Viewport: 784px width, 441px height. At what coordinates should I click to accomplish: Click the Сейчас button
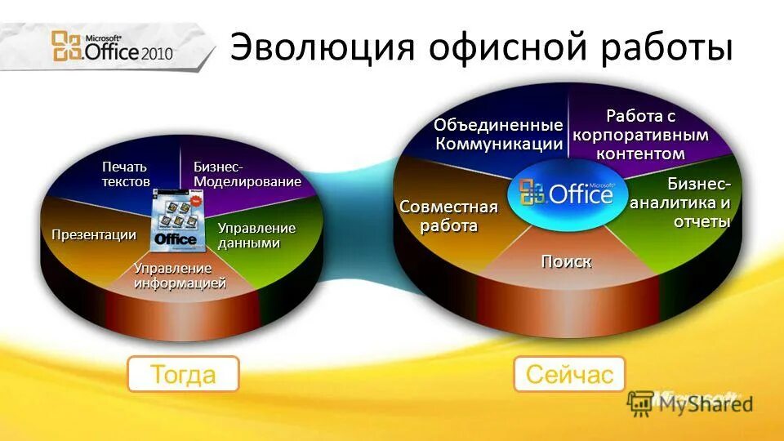pos(568,375)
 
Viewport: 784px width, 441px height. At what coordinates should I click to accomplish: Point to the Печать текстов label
pos(126,174)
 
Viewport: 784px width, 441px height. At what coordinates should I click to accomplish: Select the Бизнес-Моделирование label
pos(247,174)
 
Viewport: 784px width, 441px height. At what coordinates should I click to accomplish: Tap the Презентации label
pos(93,235)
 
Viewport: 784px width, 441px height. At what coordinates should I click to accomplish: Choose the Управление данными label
pos(256,235)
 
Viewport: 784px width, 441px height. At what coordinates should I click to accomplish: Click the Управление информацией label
pos(180,276)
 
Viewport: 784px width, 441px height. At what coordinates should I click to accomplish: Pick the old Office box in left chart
pos(176,218)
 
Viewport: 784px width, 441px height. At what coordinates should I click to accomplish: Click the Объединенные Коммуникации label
pos(498,135)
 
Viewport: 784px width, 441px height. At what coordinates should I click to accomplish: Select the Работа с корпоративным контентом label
pos(640,135)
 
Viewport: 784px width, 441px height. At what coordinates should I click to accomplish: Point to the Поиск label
pos(566,261)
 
